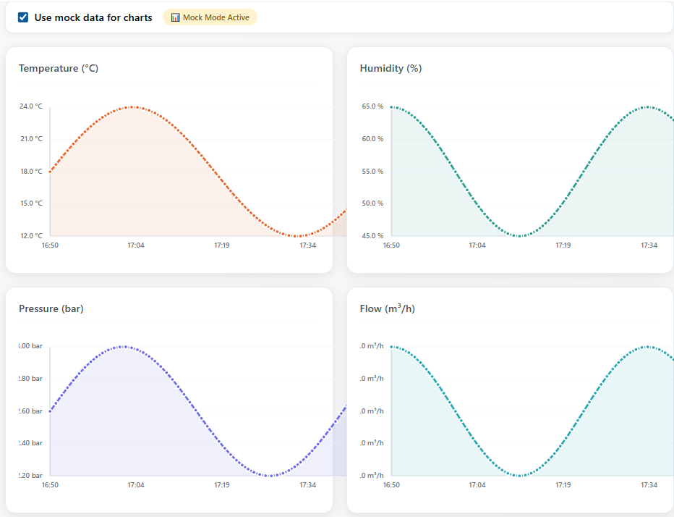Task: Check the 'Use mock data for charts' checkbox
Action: click(24, 17)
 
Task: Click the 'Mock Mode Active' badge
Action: click(210, 17)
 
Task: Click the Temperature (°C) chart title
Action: click(59, 69)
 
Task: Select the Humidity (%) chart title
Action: click(391, 69)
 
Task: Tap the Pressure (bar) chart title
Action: click(51, 309)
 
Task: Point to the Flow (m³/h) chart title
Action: click(387, 309)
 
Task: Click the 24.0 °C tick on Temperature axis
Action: click(30, 106)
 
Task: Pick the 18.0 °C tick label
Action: click(30, 172)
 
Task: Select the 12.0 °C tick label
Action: click(30, 236)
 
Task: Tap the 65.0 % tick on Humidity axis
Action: click(372, 106)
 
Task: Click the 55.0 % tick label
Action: click(372, 172)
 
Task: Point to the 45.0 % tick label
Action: click(372, 236)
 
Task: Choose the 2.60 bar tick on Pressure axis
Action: click(30, 411)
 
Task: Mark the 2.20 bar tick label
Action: click(30, 476)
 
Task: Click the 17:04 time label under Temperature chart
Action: click(136, 245)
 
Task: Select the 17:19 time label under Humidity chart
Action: click(563, 245)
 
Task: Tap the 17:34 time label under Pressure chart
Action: click(307, 485)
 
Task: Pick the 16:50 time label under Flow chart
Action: click(391, 485)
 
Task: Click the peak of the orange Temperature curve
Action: click(132, 107)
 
